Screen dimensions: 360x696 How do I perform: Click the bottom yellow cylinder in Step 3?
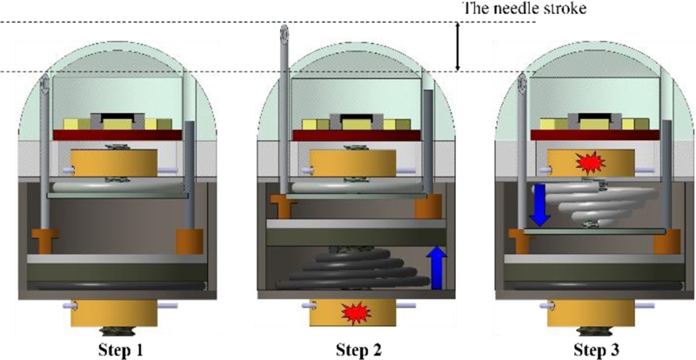coord(591,311)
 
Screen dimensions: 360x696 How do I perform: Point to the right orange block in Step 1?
coord(189,241)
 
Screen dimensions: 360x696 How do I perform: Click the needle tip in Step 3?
coord(522,84)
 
